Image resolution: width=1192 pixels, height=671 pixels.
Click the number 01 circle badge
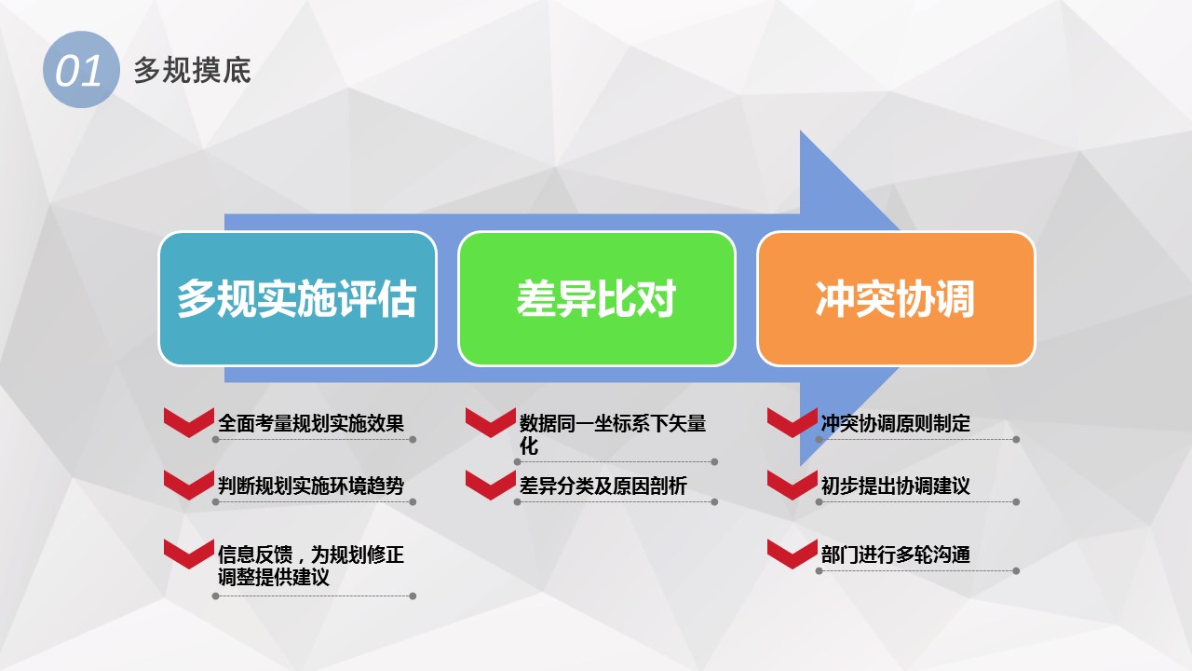(x=81, y=70)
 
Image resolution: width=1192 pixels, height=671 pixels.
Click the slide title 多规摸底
(x=192, y=70)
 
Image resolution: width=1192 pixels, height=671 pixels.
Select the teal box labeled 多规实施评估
(x=297, y=299)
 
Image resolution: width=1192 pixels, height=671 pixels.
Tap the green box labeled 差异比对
(x=597, y=299)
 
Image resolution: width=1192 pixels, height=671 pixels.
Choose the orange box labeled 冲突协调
(x=896, y=299)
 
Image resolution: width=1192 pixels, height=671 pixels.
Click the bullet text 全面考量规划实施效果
(x=311, y=423)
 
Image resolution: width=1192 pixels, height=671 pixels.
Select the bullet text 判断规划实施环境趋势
(x=311, y=486)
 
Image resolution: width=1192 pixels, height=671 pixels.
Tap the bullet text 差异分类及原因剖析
(x=603, y=486)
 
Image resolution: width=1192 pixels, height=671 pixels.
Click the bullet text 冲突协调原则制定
(x=896, y=423)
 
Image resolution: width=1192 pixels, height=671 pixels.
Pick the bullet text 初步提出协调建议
(x=896, y=486)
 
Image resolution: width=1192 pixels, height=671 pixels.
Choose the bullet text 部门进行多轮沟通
(x=896, y=555)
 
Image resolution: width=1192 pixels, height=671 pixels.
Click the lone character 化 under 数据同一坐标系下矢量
(x=529, y=446)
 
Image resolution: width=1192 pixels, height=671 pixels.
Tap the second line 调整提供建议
(x=274, y=577)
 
